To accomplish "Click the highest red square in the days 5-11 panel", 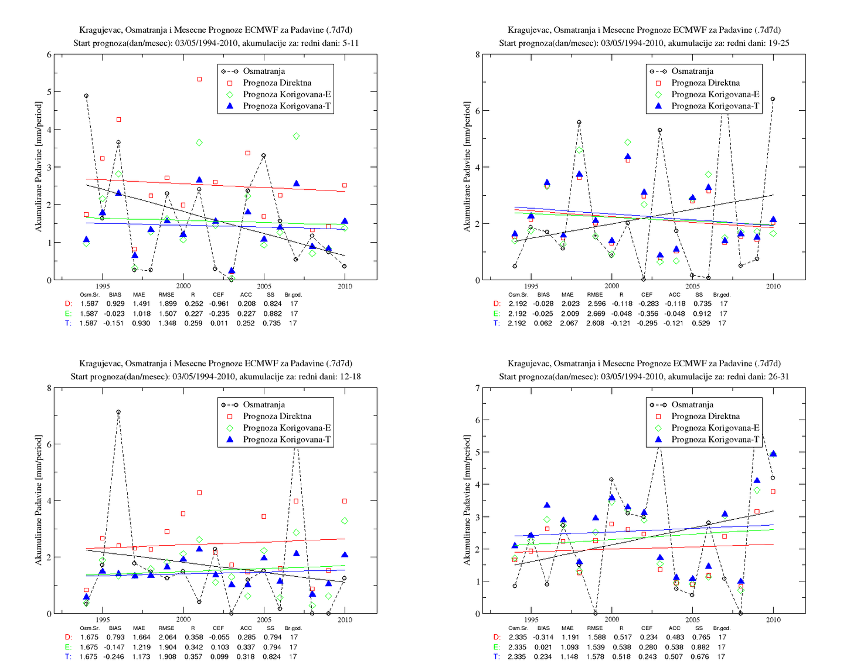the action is pyautogui.click(x=199, y=79).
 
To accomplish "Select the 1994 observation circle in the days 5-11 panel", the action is pyautogui.click(x=86, y=96).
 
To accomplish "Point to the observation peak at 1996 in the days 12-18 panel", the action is pyautogui.click(x=118, y=412).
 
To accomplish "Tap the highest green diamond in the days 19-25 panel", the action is pyautogui.click(x=628, y=142).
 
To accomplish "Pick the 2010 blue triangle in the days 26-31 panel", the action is pyautogui.click(x=773, y=453).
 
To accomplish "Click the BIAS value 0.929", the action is pyautogui.click(x=115, y=304).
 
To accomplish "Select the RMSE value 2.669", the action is pyautogui.click(x=595, y=314).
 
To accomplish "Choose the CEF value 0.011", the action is pyautogui.click(x=219, y=324).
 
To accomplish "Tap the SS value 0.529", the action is pyautogui.click(x=701, y=324).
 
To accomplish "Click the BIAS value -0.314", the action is pyautogui.click(x=543, y=637).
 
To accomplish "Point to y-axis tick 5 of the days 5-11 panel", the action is pyautogui.click(x=49, y=92).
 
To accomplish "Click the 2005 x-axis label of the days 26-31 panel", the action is pyautogui.click(x=692, y=620).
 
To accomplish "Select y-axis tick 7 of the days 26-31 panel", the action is pyautogui.click(x=478, y=388).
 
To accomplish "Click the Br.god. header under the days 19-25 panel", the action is pyautogui.click(x=722, y=294).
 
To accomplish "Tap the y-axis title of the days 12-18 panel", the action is pyautogui.click(x=38, y=500).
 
